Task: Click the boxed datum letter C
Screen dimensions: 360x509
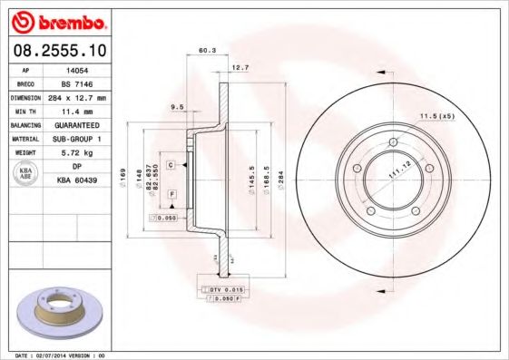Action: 171,164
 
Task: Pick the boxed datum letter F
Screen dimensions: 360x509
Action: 171,195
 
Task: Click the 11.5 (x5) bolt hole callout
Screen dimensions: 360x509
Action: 436,116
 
